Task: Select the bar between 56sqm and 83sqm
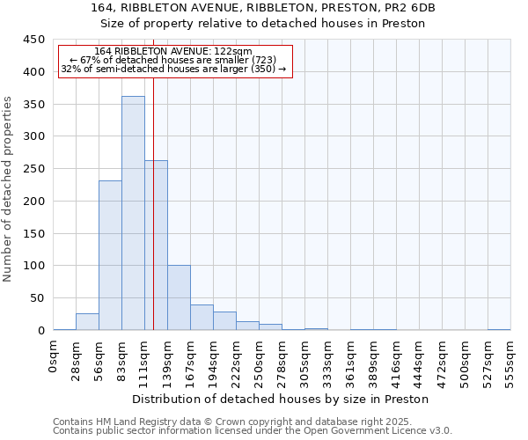coord(110,255)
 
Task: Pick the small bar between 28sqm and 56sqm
coord(87,322)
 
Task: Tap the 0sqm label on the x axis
coord(54,358)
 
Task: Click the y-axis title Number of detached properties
coord(9,185)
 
